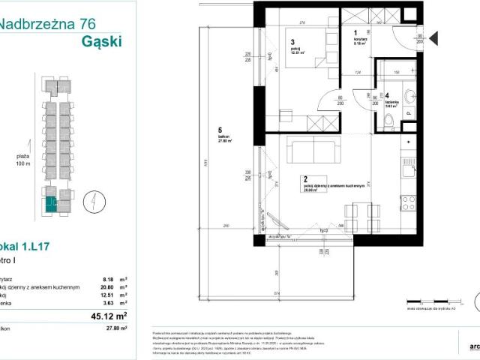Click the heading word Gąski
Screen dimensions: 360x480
pos(100,40)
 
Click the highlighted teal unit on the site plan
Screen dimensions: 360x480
pos(50,201)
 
